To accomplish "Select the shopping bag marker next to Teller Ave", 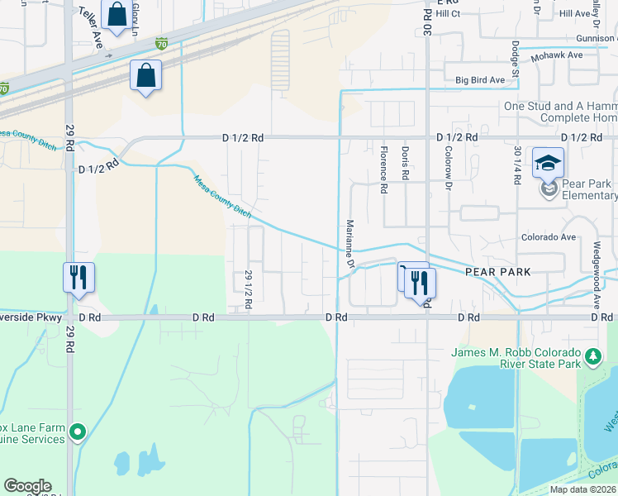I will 116,14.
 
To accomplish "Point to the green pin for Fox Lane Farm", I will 78,431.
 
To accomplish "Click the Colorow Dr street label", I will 449,169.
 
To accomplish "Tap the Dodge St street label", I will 515,60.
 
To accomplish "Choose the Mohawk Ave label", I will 558,55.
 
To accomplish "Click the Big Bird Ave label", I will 480,80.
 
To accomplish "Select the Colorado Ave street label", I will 548,237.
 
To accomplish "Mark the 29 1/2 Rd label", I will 248,290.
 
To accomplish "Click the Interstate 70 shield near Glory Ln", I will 162,43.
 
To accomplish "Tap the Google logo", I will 27,486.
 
